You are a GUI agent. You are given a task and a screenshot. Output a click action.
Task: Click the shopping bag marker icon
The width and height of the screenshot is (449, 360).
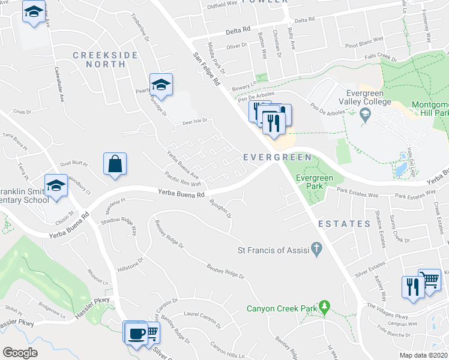(x=115, y=164)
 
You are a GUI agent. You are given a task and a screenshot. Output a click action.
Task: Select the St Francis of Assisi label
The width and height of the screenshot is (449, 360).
(x=274, y=250)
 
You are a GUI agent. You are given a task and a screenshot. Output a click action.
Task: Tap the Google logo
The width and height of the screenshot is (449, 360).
(x=20, y=353)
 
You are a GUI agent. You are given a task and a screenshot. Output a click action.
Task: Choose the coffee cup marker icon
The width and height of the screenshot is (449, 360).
(x=136, y=331)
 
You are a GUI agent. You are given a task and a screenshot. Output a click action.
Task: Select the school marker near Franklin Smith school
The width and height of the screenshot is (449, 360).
(x=56, y=185)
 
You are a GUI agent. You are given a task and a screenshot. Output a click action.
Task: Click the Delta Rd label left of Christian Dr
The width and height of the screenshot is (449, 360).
(x=238, y=29)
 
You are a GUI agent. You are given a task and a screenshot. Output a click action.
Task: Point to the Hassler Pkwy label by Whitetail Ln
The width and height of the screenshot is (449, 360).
(x=93, y=303)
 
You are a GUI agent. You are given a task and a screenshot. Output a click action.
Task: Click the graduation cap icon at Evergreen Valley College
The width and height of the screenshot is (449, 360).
(x=365, y=114)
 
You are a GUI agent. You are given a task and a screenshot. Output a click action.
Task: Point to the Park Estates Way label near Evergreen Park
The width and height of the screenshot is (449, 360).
(x=357, y=194)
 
